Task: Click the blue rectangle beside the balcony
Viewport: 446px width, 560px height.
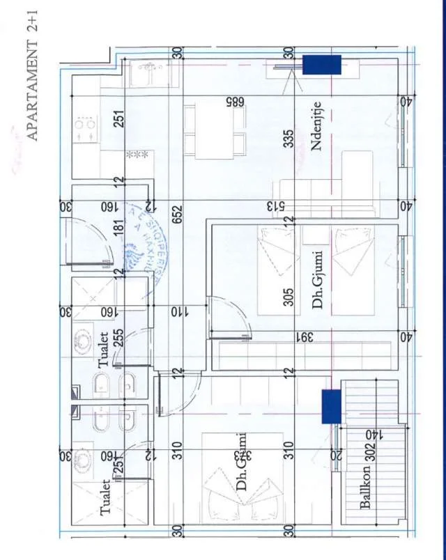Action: coord(330,406)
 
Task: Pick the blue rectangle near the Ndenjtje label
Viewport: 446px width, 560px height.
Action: coord(321,65)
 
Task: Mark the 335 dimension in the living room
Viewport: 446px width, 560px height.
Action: coord(289,139)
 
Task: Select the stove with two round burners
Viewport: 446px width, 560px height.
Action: coord(86,131)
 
